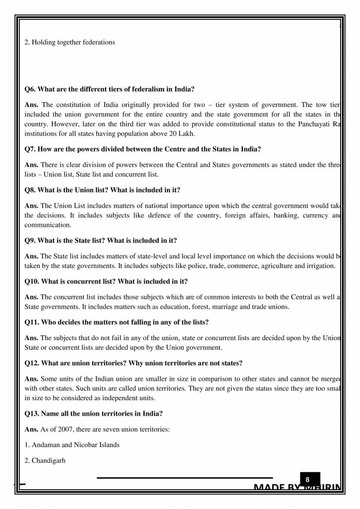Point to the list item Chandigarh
tap(48, 461)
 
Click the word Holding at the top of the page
tap(44, 42)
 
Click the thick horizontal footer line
tap(184, 478)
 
